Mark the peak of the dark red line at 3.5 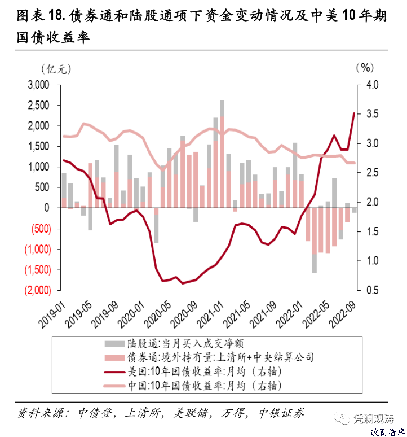tap(355, 113)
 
